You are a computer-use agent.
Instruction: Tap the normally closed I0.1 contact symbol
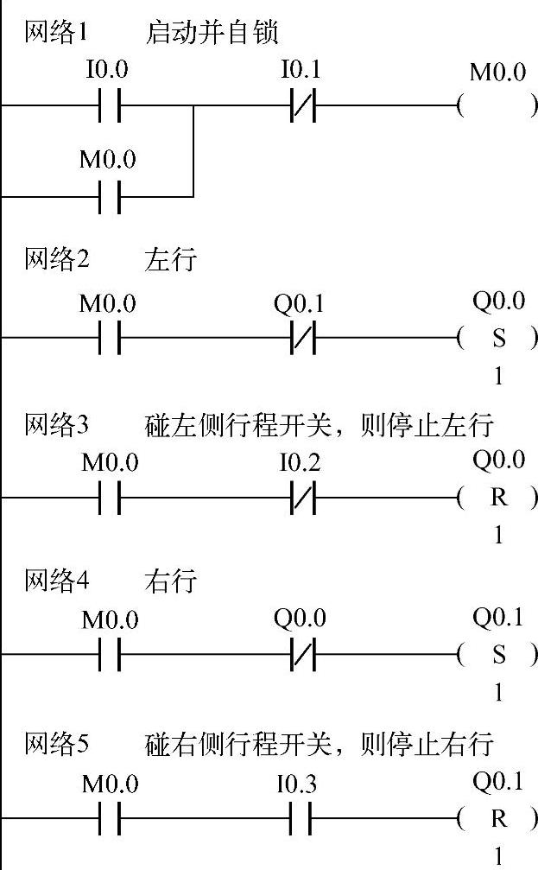point(301,107)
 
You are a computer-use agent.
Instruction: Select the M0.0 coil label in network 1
point(497,72)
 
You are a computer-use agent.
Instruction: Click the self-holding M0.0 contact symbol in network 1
point(110,196)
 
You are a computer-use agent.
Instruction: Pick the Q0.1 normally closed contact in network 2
point(301,339)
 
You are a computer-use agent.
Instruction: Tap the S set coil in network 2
point(498,339)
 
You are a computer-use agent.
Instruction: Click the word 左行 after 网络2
point(171,259)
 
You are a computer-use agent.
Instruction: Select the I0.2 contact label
point(300,463)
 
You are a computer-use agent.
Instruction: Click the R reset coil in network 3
point(498,499)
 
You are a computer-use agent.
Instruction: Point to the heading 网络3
point(56,425)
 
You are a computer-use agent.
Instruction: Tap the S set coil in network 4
point(498,654)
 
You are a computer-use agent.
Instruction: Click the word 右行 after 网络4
point(171,581)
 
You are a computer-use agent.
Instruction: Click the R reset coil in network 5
point(498,817)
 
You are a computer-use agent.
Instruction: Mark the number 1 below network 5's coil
point(498,856)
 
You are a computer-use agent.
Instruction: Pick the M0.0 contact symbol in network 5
point(110,817)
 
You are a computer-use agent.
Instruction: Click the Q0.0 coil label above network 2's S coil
point(498,302)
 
